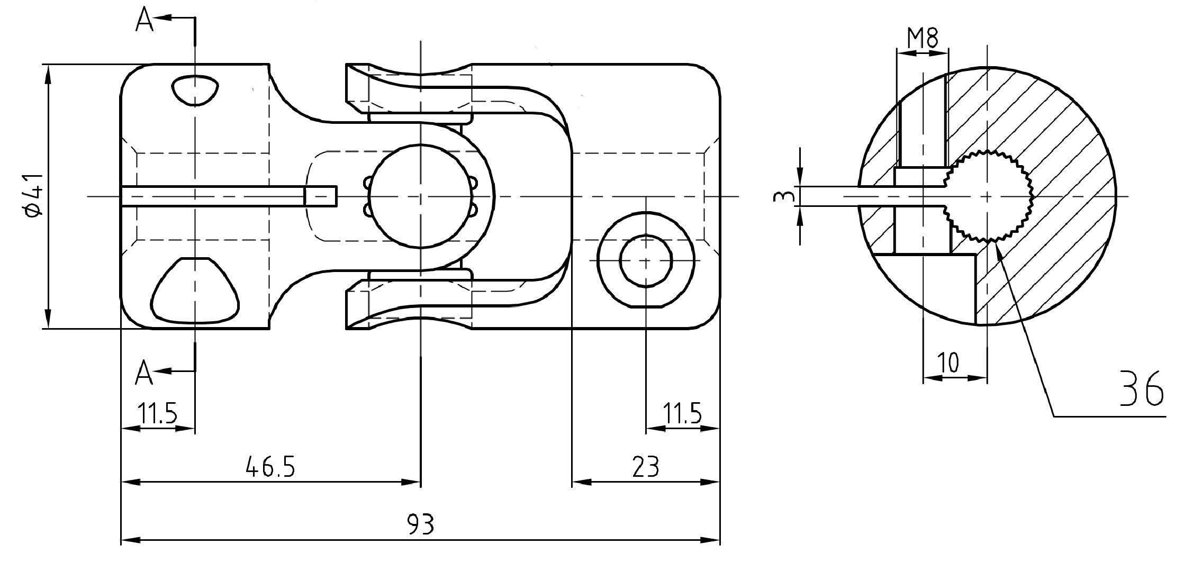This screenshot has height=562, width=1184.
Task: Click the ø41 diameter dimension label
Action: pyautogui.click(x=33, y=195)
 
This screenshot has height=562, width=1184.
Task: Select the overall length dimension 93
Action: pyautogui.click(x=421, y=524)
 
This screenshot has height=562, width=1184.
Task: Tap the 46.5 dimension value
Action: pyautogui.click(x=270, y=467)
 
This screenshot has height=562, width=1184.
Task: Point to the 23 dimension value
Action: pyautogui.click(x=646, y=467)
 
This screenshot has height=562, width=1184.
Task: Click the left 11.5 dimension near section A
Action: pyautogui.click(x=157, y=413)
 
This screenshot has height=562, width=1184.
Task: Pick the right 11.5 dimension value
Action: pyautogui.click(x=682, y=413)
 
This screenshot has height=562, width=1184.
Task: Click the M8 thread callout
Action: pyautogui.click(x=923, y=38)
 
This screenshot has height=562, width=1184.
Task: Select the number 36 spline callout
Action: pyautogui.click(x=1142, y=389)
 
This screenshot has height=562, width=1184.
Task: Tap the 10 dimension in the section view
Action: pyautogui.click(x=948, y=364)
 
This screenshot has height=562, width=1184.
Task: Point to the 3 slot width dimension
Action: pyautogui.click(x=783, y=196)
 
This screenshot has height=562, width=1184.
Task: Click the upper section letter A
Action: pyautogui.click(x=144, y=21)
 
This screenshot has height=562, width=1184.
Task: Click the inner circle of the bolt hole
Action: pyautogui.click(x=646, y=261)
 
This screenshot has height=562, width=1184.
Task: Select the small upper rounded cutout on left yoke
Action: pyautogui.click(x=195, y=89)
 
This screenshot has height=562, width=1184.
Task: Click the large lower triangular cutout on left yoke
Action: pyautogui.click(x=195, y=290)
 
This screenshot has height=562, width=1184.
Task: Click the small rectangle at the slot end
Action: pyautogui.click(x=321, y=196)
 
